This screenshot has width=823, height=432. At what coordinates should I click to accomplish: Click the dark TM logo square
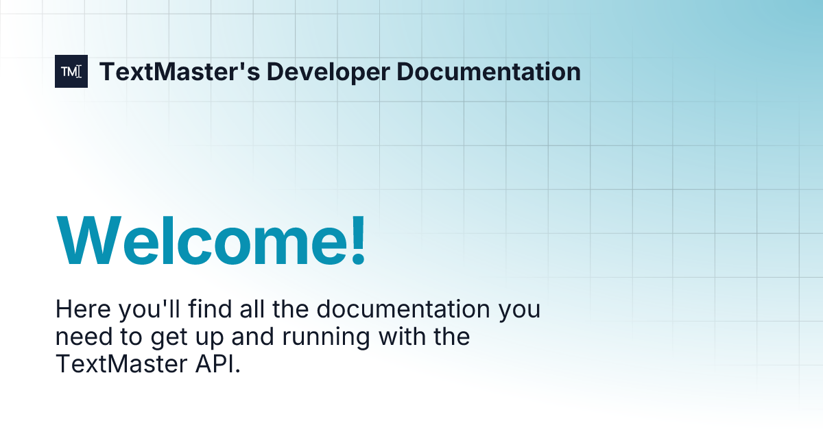pyautogui.click(x=71, y=71)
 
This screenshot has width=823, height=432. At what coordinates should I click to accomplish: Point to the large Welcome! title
pyautogui.click(x=211, y=241)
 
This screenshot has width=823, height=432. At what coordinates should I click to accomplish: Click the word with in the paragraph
pyautogui.click(x=394, y=337)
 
